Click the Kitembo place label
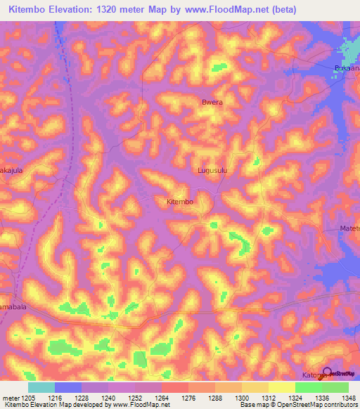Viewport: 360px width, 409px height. pyautogui.click(x=179, y=202)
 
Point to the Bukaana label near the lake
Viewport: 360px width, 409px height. pyautogui.click(x=346, y=69)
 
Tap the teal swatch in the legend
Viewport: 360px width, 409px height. pyautogui.click(x=41, y=387)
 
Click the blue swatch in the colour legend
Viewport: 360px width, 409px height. pyautogui.click(x=68, y=387)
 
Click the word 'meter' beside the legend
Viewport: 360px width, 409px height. pyautogui.click(x=10, y=398)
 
